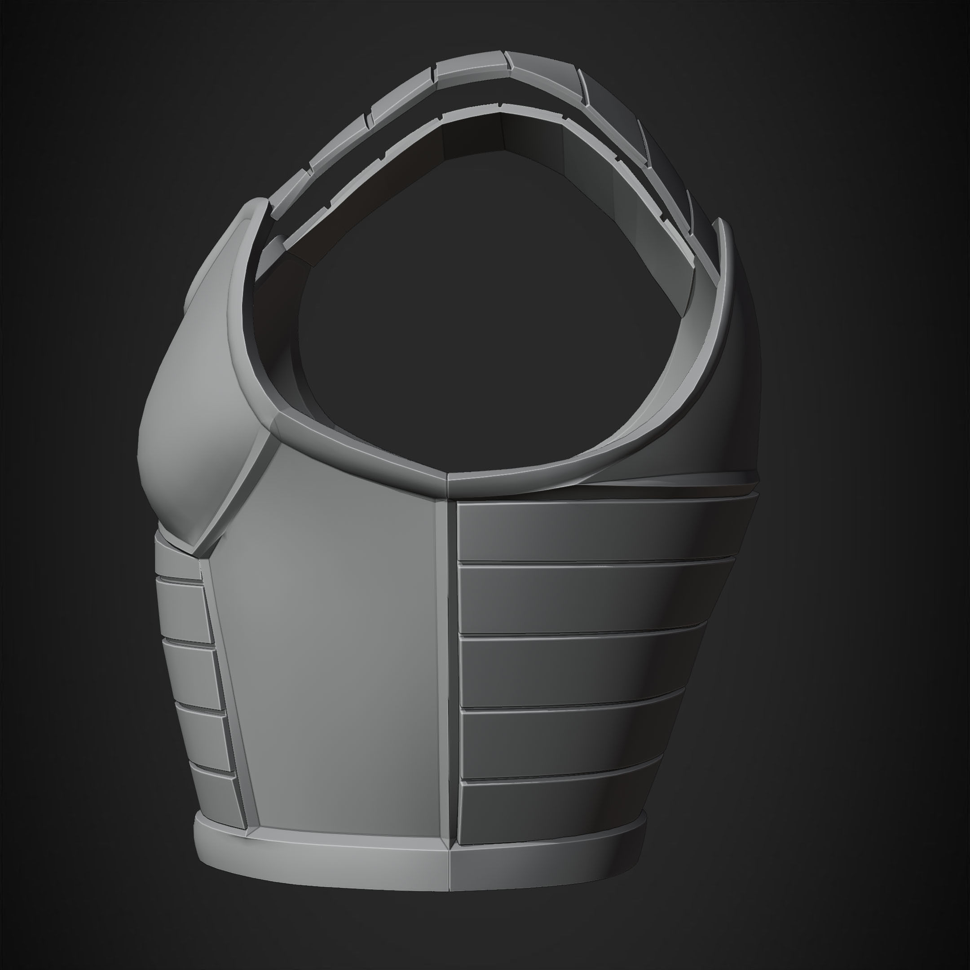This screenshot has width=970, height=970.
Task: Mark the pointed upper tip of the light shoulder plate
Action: (256, 203)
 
